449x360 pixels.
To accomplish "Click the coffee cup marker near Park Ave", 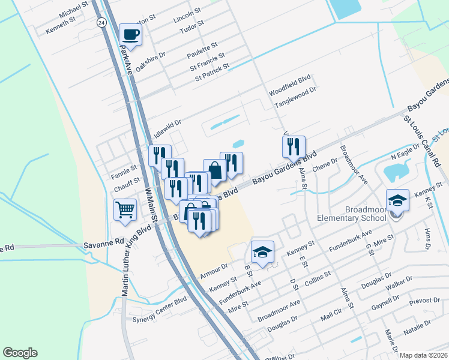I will click(130, 34).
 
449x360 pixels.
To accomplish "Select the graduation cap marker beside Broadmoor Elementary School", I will click(397, 200).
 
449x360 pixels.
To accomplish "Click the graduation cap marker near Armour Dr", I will click(262, 252).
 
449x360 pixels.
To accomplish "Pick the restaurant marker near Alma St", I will click(294, 146).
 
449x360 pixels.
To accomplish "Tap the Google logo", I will click(20, 353).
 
